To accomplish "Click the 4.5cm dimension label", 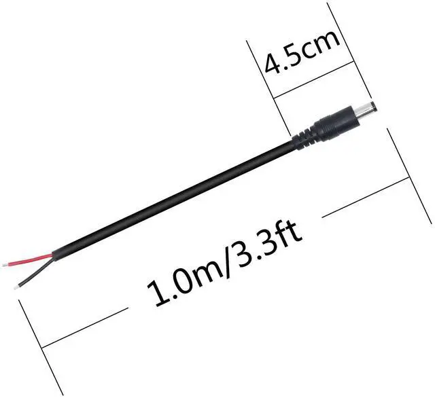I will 302,52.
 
